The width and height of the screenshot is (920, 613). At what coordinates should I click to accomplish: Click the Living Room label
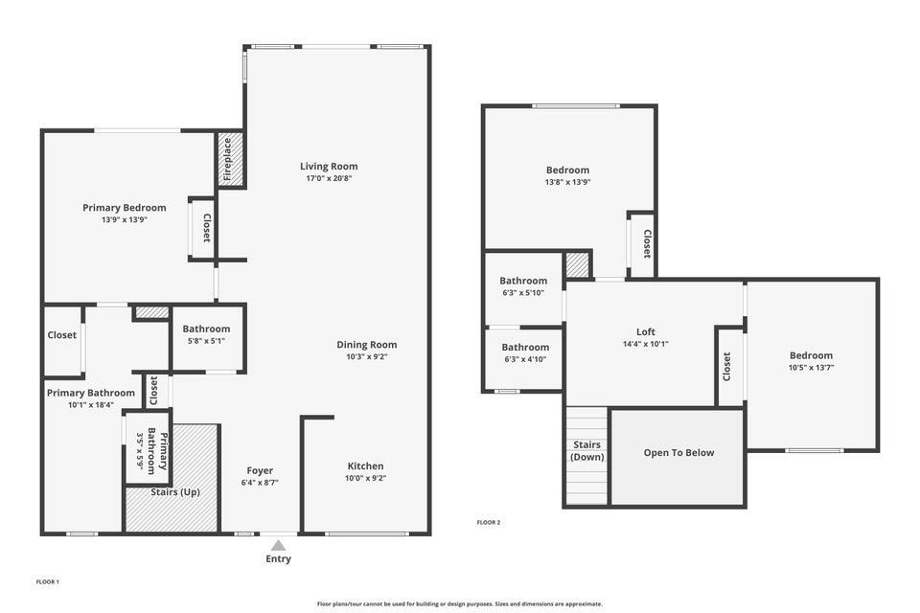[x=329, y=166]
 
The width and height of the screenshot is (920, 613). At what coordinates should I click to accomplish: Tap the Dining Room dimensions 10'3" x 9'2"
[x=366, y=356]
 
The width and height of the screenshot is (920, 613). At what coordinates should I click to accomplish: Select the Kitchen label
[x=365, y=466]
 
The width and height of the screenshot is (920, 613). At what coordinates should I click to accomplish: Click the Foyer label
[x=260, y=470]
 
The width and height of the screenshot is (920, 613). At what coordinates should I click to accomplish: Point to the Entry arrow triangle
[x=278, y=545]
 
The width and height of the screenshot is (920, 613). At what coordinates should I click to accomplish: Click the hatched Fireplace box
[x=230, y=159]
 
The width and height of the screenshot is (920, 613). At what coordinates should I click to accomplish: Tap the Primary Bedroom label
[x=124, y=208]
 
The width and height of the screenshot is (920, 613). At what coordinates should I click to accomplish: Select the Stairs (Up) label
[x=175, y=492]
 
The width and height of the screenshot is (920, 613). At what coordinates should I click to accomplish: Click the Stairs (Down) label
[x=586, y=451]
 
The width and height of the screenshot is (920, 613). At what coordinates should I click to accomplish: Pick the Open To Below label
[x=678, y=453]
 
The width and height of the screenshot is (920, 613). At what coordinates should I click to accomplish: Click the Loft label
[x=646, y=332]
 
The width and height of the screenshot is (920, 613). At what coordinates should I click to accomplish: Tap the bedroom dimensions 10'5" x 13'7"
[x=811, y=367]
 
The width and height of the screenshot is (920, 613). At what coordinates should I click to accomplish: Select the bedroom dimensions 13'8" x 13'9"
[x=567, y=182]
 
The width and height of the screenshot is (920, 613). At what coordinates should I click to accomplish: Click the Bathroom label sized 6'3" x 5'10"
[x=523, y=281]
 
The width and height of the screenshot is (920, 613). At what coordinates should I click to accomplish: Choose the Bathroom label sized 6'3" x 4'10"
[x=525, y=347]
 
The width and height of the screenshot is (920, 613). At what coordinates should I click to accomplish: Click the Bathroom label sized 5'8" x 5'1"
[x=206, y=329]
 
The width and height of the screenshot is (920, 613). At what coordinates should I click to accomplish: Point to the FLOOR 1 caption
[x=48, y=581]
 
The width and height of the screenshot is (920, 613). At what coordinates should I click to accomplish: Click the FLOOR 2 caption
[x=489, y=522]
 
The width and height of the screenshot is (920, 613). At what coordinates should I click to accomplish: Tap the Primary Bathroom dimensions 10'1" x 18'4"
[x=91, y=404]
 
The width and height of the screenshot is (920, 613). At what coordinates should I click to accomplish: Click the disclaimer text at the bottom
[x=460, y=603]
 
